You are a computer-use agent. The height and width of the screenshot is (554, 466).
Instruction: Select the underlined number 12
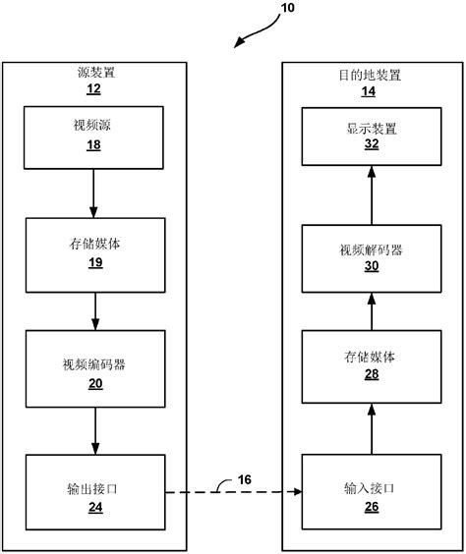[94, 89]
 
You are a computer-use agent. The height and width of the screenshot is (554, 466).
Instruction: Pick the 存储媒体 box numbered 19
[94, 250]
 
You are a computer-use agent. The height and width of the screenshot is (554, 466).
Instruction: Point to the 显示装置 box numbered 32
[371, 136]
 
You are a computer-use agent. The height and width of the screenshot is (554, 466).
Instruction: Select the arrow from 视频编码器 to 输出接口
[94, 429]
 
